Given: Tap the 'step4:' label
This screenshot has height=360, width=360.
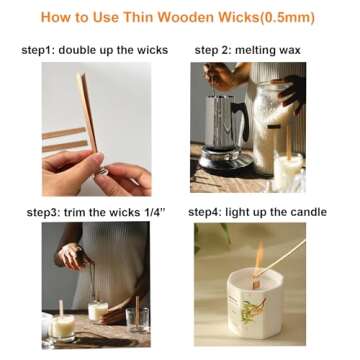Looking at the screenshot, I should [211, 212].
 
